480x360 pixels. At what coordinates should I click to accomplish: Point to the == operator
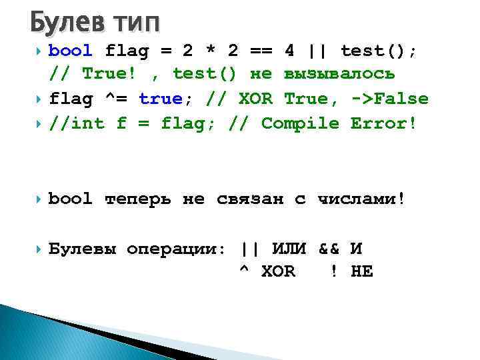pyautogui.click(x=261, y=51)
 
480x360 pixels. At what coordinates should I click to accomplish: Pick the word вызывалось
pyautogui.click(x=339, y=74)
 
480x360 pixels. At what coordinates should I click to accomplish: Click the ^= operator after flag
pyautogui.click(x=116, y=99)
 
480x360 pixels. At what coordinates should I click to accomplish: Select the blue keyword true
pyautogui.click(x=160, y=99)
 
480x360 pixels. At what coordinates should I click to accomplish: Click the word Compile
pyautogui.click(x=300, y=123)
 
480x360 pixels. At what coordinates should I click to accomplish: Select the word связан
pyautogui.click(x=250, y=198)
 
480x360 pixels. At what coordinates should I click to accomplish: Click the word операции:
pyautogui.click(x=177, y=249)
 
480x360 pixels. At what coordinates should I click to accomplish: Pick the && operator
pyautogui.click(x=329, y=249)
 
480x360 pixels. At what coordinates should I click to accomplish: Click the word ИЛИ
pyautogui.click(x=289, y=249)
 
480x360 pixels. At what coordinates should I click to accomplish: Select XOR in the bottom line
pyautogui.click(x=278, y=272)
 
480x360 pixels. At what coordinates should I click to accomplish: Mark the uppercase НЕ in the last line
pyautogui.click(x=362, y=272)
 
